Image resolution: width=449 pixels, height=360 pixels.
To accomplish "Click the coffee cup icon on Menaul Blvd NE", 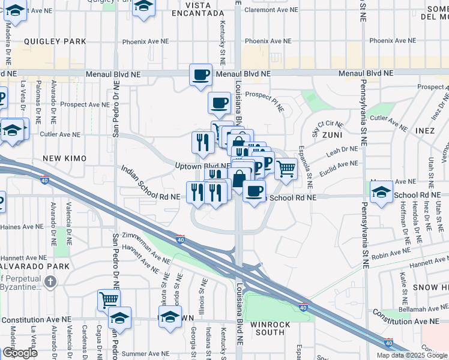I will [x=200, y=75].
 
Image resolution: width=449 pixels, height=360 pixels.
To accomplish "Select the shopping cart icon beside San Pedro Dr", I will [x=109, y=299].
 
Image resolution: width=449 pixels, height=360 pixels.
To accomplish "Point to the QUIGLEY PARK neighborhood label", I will [x=55, y=41].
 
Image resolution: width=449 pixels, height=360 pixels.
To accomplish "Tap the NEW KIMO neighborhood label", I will [x=65, y=158].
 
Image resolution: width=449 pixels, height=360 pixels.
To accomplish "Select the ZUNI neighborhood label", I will [x=332, y=136].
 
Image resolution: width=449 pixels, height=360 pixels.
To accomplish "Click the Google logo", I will [x=20, y=353].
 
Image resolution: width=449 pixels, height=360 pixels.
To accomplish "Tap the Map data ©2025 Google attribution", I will [x=412, y=355].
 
